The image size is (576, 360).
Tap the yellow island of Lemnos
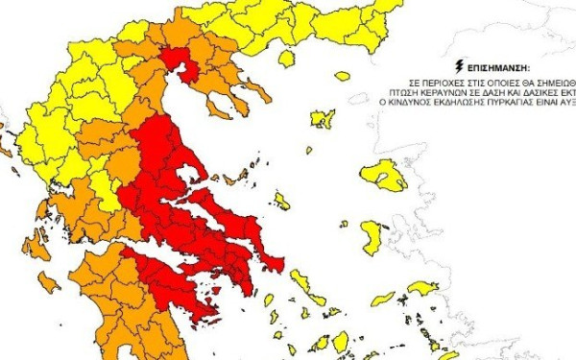(322, 118)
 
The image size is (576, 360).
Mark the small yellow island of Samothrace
(342, 76)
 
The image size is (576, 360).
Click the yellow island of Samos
(421, 287)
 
